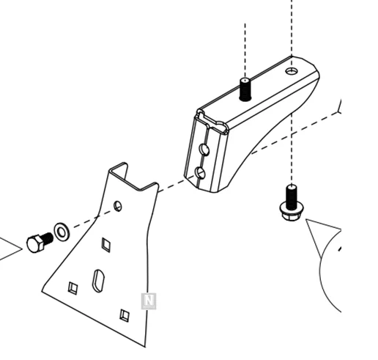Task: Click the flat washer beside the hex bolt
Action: [62, 232]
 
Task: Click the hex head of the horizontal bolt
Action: [35, 243]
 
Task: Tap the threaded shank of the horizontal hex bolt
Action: [48, 238]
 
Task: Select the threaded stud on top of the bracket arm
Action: [245, 89]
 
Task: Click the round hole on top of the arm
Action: [292, 71]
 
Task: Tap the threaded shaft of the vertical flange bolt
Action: [292, 196]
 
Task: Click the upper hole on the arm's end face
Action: [204, 150]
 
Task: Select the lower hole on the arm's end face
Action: [200, 173]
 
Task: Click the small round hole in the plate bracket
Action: [118, 206]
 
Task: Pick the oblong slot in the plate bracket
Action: [98, 281]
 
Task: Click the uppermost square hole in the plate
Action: [106, 244]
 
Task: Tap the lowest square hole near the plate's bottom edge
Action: [125, 315]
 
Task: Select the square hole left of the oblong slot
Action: [73, 288]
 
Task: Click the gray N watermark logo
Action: [149, 301]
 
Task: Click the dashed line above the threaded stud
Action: [245, 50]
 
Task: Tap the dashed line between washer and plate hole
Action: [94, 218]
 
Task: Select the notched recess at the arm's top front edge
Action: [212, 121]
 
